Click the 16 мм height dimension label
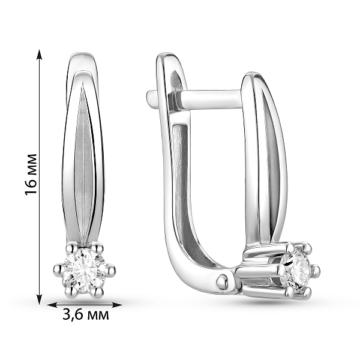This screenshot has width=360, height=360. (x=31, y=174)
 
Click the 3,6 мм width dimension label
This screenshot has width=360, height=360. (x=86, y=315)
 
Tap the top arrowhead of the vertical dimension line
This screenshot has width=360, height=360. (x=40, y=54)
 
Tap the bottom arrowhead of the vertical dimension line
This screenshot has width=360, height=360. (x=40, y=299)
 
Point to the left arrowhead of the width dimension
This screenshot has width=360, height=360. (x=52, y=305)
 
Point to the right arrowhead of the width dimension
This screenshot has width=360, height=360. (x=116, y=305)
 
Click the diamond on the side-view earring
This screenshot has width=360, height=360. (x=296, y=271)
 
